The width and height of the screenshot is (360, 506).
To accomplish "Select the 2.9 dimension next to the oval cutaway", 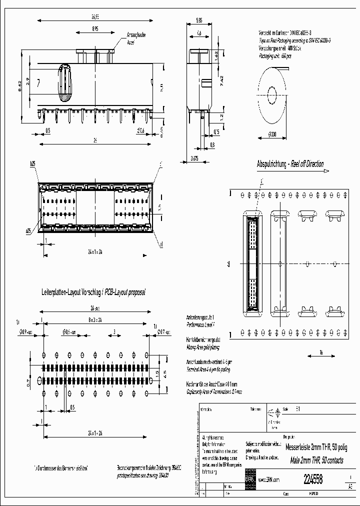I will tap(29, 80).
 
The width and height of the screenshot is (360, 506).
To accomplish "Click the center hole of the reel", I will tap(271, 94).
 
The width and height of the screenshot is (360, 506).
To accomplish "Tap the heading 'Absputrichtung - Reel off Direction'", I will tap(290, 164).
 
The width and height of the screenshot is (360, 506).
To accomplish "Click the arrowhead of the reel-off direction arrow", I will tap(326, 170).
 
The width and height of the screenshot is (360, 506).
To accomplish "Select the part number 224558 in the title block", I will tap(313, 478).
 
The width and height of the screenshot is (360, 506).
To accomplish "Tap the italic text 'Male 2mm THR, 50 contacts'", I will tap(313, 460).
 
